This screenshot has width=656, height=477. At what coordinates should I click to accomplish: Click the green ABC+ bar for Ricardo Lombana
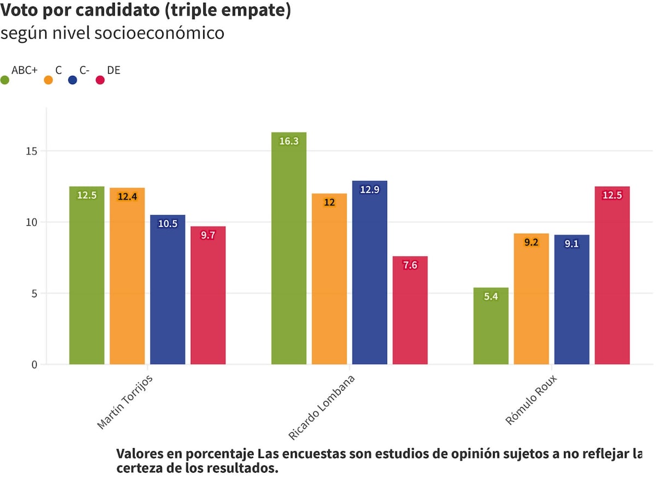click(289, 248)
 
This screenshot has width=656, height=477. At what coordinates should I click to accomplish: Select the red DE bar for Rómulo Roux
click(612, 275)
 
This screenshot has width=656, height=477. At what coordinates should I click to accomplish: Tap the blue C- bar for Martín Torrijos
click(167, 290)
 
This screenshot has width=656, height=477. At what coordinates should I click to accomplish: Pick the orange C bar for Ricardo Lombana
click(329, 279)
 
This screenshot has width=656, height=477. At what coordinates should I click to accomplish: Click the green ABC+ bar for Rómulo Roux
click(490, 326)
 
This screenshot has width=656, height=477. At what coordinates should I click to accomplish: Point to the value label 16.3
click(289, 141)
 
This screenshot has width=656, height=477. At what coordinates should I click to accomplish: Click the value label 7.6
click(410, 265)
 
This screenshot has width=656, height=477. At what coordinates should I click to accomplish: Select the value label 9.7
click(208, 235)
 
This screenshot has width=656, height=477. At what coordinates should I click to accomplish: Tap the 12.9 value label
click(370, 190)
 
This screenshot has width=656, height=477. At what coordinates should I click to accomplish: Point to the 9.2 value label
click(531, 242)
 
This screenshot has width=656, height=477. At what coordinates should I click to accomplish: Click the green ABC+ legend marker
click(5, 80)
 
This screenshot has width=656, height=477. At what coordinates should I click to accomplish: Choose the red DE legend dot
click(100, 80)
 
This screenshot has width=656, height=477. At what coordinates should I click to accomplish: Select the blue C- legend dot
click(72, 80)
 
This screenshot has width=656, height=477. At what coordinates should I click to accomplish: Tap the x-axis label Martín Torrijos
click(125, 402)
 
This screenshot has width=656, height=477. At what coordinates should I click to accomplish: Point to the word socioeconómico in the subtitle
click(159, 33)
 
